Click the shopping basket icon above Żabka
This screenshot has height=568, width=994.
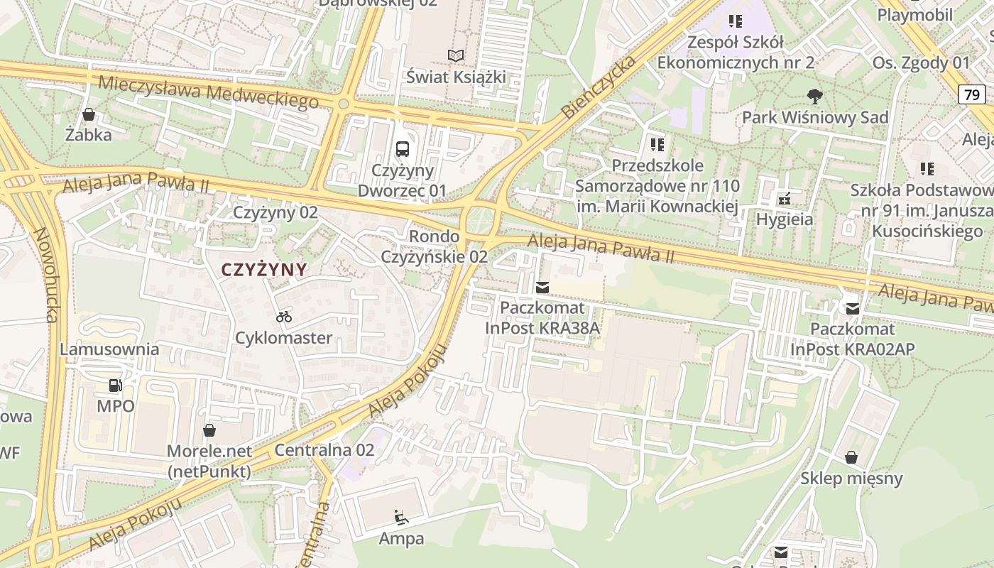[x=89, y=114]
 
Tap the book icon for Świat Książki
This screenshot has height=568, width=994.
[x=455, y=55]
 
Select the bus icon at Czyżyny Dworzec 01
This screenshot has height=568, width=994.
[x=403, y=149]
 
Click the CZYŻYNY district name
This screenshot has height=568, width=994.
[x=264, y=270]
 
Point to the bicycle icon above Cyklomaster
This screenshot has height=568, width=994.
[x=284, y=316]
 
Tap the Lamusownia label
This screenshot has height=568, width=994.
[x=109, y=349]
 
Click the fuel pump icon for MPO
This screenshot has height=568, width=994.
[x=115, y=386]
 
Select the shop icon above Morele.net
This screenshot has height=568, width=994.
[x=209, y=430]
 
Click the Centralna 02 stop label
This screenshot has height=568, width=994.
[x=324, y=449]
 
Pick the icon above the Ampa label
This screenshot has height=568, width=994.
[x=401, y=517]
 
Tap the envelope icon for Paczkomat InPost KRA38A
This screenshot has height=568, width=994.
[x=542, y=288]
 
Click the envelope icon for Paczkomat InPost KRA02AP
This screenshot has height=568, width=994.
[x=852, y=308]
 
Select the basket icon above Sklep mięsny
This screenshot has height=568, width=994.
[x=851, y=457]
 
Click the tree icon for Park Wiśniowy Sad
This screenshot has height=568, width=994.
[x=814, y=95]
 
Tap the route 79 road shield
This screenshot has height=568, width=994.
[x=971, y=94]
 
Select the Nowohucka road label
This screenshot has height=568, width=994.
[x=45, y=275]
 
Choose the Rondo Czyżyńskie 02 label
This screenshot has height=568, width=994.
[x=435, y=246]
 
